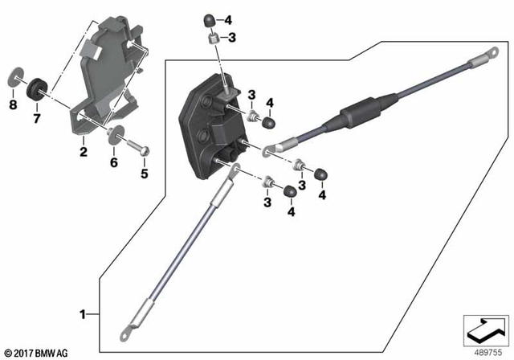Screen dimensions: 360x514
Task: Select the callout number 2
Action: click(83, 151)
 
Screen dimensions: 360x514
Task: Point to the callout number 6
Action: click(113, 162)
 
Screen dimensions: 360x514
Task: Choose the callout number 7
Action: click(35, 120)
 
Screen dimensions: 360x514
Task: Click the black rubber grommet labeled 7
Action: click(36, 86)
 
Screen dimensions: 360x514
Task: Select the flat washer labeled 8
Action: click(14, 79)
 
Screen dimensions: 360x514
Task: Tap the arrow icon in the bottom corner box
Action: click(485, 329)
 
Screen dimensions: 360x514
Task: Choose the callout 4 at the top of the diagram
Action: click(228, 19)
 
